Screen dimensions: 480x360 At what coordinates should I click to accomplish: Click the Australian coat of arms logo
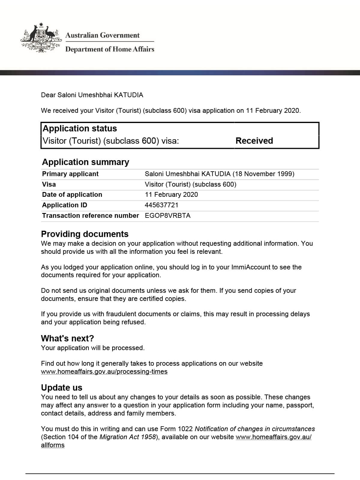[41, 38]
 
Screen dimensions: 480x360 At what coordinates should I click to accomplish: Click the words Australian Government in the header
[102, 35]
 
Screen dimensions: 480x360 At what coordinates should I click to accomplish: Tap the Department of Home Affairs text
[109, 49]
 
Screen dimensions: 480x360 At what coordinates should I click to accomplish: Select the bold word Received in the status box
[254, 141]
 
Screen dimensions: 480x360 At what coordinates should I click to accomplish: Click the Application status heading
[80, 128]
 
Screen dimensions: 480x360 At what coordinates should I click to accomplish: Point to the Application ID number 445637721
[161, 205]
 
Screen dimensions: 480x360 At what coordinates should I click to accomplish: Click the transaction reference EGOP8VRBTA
[167, 216]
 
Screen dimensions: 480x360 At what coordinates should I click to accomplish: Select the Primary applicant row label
[70, 174]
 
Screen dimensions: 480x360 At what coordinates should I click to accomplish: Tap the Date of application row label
[72, 195]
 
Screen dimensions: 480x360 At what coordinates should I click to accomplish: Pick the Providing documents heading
[85, 234]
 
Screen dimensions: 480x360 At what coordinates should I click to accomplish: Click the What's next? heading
[67, 338]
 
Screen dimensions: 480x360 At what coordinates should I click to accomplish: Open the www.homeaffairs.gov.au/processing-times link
[104, 372]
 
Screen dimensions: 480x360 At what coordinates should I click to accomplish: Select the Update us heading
[61, 388]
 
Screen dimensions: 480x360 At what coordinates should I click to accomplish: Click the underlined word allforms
[53, 445]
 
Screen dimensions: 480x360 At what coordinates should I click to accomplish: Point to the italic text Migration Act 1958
[128, 437]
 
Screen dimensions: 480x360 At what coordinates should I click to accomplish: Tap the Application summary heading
[85, 162]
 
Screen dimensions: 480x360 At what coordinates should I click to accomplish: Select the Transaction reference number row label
[90, 216]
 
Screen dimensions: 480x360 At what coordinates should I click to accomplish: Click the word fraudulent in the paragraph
[75, 314]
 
